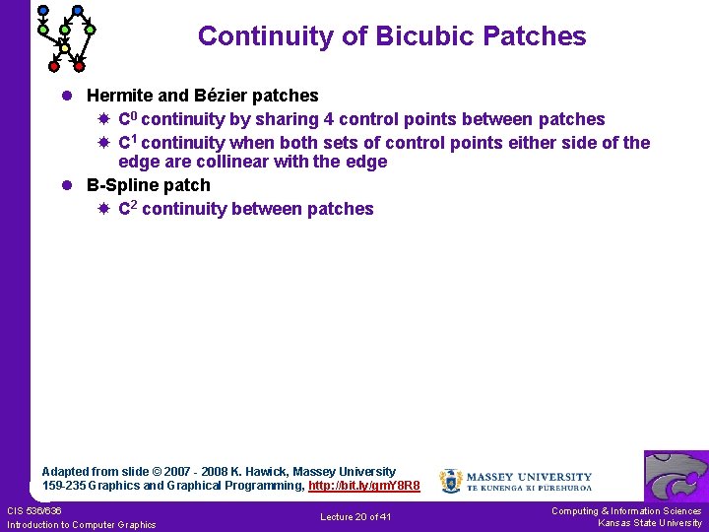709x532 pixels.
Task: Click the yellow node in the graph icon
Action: point(64,47)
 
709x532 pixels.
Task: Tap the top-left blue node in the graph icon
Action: point(42,11)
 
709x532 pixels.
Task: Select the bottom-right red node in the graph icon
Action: point(79,67)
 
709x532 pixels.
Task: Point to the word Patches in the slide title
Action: point(537,36)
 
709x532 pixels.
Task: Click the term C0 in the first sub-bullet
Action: point(128,118)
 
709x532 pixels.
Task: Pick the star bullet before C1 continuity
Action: point(103,143)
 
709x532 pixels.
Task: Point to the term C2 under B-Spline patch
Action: point(128,208)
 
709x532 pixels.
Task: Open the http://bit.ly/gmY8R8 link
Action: point(363,486)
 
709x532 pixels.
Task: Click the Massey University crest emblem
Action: point(450,481)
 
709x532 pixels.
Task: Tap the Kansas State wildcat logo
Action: point(676,476)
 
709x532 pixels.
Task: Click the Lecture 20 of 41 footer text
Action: point(355,517)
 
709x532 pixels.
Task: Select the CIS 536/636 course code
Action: point(34,510)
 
